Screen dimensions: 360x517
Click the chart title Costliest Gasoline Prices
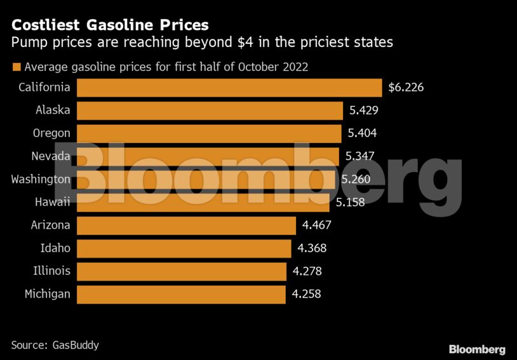pyautogui.click(x=110, y=25)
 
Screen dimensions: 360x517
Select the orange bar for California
pyautogui.click(x=229, y=88)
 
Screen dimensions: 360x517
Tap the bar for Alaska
pyautogui.click(x=209, y=110)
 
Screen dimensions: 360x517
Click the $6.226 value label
pyautogui.click(x=406, y=88)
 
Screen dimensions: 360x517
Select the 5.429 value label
pyautogui.click(x=364, y=110)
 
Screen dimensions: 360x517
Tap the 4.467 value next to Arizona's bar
pyautogui.click(x=317, y=225)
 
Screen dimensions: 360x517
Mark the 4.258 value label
pyautogui.click(x=307, y=294)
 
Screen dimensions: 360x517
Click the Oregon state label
pyautogui.click(x=51, y=133)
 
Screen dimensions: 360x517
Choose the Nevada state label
pyautogui.click(x=51, y=156)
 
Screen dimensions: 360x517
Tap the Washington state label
pyautogui.click(x=41, y=179)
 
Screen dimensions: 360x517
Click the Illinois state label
pyautogui.click(x=51, y=271)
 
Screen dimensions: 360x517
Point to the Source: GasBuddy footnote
pyautogui.click(x=55, y=345)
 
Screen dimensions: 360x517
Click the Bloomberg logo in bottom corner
pyautogui.click(x=477, y=349)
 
